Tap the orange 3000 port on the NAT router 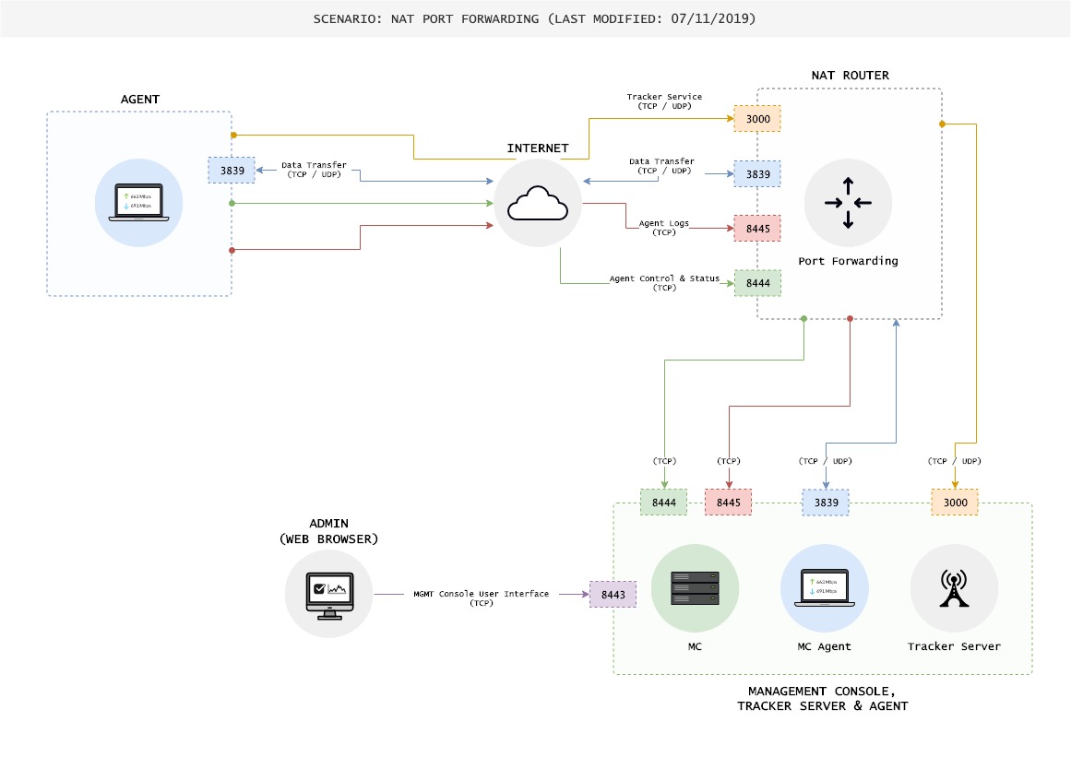tap(757, 119)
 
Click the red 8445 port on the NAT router tap(757, 228)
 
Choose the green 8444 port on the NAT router tap(757, 283)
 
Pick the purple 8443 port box tap(613, 595)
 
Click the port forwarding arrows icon tap(848, 203)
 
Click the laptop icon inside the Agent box tap(138, 203)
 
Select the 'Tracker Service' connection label tap(664, 101)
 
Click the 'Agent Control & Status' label tap(663, 282)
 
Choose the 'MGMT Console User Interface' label tap(481, 597)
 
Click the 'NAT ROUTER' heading tap(850, 75)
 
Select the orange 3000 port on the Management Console tap(955, 503)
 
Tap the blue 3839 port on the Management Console tap(826, 503)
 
